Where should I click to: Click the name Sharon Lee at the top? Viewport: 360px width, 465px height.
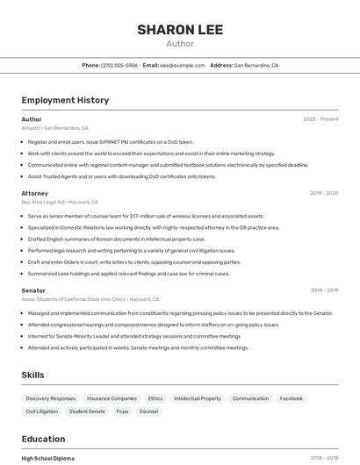[180, 30]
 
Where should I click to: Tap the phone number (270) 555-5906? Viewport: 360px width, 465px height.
[119, 65]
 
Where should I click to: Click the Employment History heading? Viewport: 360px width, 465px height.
[65, 100]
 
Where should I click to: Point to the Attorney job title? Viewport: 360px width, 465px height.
[35, 193]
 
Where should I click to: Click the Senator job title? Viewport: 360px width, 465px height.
[33, 290]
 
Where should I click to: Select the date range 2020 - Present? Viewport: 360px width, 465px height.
[320, 119]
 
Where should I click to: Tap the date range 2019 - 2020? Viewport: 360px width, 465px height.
[324, 193]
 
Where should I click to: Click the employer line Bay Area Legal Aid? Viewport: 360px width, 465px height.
[54, 202]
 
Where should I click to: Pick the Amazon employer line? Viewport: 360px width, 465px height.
[54, 128]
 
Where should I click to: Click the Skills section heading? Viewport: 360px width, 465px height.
[33, 375]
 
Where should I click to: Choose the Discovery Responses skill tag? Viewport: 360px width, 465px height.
[51, 398]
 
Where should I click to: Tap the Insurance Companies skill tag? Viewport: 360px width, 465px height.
[112, 398]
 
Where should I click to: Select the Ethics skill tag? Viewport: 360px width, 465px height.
[155, 398]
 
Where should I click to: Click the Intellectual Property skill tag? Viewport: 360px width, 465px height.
[198, 398]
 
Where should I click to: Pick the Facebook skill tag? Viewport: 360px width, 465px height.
[291, 398]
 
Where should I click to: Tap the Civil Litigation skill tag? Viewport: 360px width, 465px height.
[41, 411]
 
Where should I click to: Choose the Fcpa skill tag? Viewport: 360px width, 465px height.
[122, 411]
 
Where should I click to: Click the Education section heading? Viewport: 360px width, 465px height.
[43, 439]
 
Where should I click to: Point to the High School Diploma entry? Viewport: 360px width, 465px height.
[48, 458]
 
